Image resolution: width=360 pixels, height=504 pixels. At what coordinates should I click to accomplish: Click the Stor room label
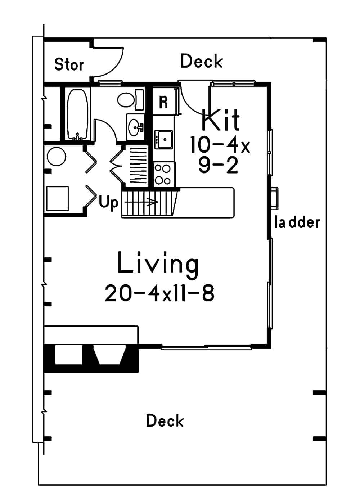69,65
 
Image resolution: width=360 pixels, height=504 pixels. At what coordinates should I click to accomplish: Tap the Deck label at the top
201,61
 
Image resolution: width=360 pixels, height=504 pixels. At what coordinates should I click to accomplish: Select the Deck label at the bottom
165,421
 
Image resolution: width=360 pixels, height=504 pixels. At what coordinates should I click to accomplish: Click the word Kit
220,120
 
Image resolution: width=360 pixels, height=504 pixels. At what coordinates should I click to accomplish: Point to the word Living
158,264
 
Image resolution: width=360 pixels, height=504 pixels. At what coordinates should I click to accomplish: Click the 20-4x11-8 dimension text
159,293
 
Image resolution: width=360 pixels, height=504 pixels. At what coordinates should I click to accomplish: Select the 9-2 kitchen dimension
218,166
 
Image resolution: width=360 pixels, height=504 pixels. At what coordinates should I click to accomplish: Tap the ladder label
297,222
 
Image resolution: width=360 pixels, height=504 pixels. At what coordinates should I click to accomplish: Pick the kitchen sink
164,140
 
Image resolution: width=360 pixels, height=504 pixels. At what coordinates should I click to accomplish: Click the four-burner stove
163,174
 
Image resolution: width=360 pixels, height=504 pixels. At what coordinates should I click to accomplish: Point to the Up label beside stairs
108,203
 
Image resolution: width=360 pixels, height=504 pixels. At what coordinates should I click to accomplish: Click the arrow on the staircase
144,202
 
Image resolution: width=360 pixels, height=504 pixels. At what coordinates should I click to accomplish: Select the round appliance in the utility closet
57,157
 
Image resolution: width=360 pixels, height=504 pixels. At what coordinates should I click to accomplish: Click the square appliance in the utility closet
58,198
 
